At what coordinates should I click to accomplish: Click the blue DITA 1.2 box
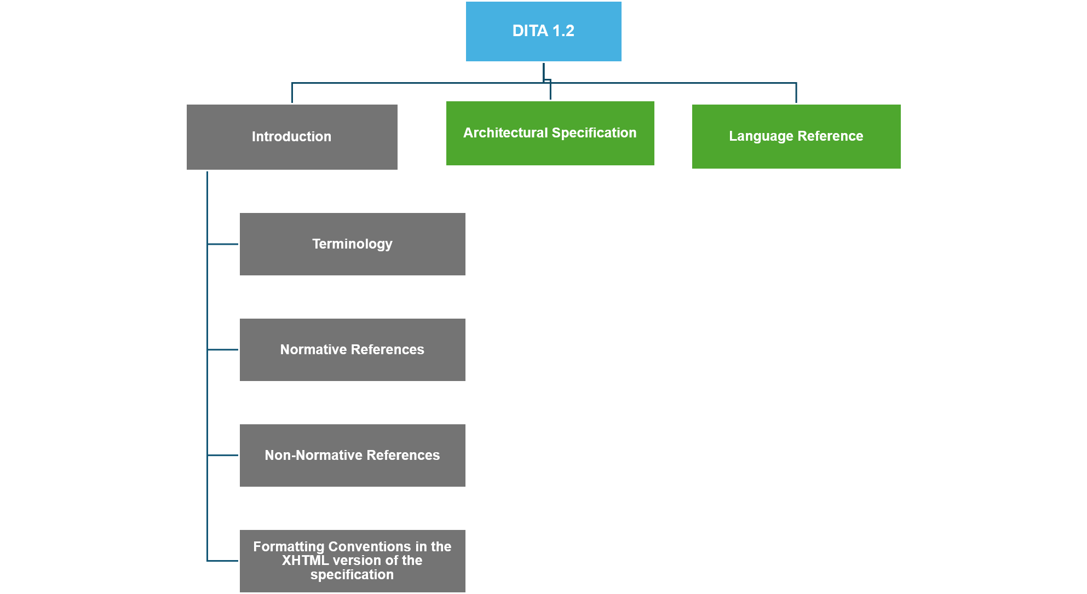click(x=543, y=31)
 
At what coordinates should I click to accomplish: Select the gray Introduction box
click(x=292, y=137)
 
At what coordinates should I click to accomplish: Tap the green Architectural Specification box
click(x=550, y=133)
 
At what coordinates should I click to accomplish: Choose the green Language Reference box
click(x=796, y=136)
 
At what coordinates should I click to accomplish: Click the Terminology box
click(x=353, y=244)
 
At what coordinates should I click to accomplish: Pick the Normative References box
click(x=353, y=350)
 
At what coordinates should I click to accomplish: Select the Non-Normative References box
click(x=353, y=455)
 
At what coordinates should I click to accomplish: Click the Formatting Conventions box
click(x=353, y=561)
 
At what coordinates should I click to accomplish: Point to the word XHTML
click(x=305, y=561)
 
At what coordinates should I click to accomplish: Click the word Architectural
click(x=505, y=133)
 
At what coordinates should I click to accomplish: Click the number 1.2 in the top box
click(x=563, y=31)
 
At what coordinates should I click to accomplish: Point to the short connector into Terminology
click(x=223, y=244)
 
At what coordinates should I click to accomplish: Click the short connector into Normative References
click(x=223, y=350)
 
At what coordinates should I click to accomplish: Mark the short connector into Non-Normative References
click(x=223, y=455)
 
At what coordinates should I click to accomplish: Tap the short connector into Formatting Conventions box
click(x=223, y=561)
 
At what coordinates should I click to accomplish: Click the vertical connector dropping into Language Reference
click(x=796, y=93)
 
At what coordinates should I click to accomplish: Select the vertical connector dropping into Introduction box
click(x=292, y=93)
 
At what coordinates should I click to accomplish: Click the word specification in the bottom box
click(x=352, y=575)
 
